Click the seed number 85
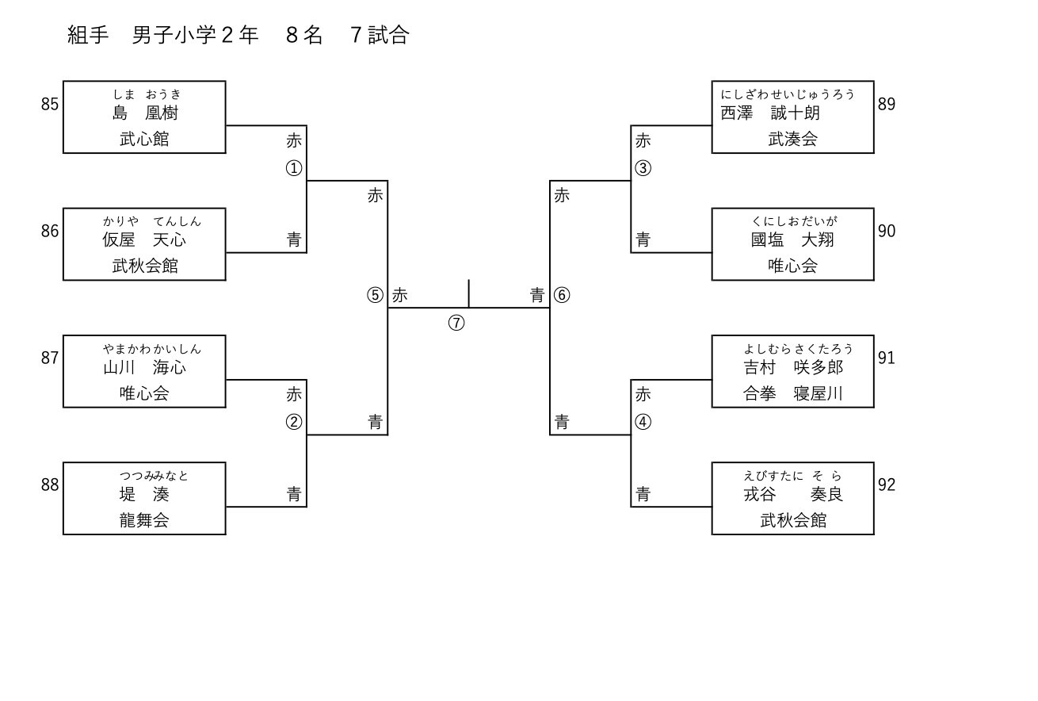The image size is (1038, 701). [x=50, y=104]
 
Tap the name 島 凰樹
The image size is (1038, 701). [x=145, y=113]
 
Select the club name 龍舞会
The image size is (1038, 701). [x=144, y=520]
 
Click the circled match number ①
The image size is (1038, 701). [x=294, y=168]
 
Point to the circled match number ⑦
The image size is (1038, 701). [x=456, y=323]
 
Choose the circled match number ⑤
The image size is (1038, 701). [x=375, y=295]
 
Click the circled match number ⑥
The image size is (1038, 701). [x=562, y=295]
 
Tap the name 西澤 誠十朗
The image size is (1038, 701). [x=769, y=113]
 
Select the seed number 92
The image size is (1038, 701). [x=887, y=485]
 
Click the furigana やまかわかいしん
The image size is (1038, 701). [x=151, y=349]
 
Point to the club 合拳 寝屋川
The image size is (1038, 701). [x=792, y=393]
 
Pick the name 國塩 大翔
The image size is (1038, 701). [x=792, y=240]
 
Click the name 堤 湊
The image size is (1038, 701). [x=144, y=495]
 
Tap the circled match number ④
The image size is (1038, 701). [x=643, y=422]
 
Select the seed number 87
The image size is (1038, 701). [x=50, y=358]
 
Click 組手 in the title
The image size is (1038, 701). [x=88, y=35]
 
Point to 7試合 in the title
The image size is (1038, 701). [x=380, y=35]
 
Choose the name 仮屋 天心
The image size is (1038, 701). [x=144, y=240]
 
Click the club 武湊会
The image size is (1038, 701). [x=792, y=139]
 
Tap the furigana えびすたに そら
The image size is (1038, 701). [x=792, y=476]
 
